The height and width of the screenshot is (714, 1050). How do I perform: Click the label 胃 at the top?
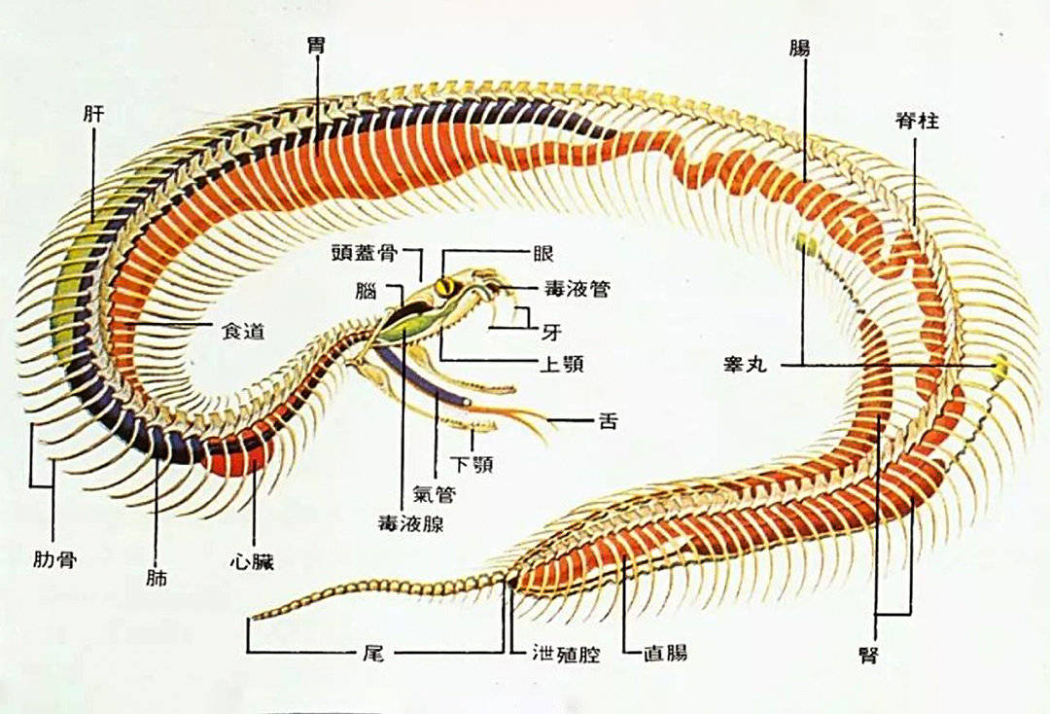point(315,46)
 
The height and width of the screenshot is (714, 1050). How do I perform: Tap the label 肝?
point(93,114)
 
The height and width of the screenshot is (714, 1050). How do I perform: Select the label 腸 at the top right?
point(799,48)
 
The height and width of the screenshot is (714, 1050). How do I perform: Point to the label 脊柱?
point(917,121)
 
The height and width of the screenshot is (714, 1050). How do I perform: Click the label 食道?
point(243,330)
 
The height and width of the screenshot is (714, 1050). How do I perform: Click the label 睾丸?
point(746,365)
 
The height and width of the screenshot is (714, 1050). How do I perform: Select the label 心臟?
point(252,561)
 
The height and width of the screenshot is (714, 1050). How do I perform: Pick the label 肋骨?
point(54,558)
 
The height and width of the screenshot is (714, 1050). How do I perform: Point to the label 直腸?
point(665,653)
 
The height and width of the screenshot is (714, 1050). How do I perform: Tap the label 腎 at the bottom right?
point(868,654)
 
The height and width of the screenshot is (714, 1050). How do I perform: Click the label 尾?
point(373,653)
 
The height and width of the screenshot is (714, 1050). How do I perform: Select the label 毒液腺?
point(411,523)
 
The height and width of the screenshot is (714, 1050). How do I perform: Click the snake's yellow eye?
point(444,287)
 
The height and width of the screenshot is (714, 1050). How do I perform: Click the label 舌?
point(608,422)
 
